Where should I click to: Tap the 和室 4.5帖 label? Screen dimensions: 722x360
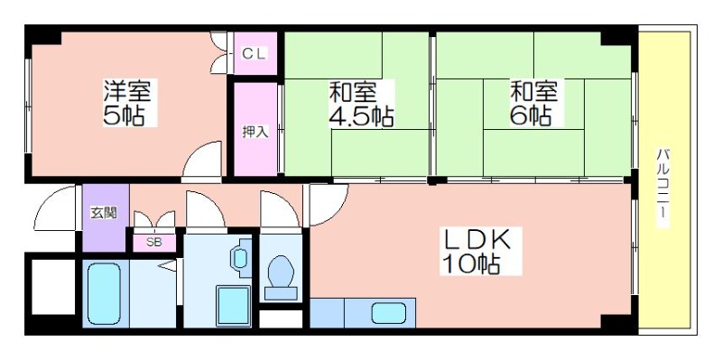[x=361, y=105]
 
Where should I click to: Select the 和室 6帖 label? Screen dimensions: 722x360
[x=533, y=103]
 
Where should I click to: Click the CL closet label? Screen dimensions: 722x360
[x=255, y=54]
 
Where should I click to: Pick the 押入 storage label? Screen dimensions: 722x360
[x=255, y=132]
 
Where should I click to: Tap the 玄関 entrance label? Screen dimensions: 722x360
[x=104, y=213]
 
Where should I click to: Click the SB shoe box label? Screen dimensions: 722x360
[x=153, y=242]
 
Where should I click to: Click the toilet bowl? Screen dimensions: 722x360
[x=281, y=278]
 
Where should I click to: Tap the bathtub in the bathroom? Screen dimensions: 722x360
[x=104, y=293]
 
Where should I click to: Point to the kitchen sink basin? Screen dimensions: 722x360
[x=389, y=313]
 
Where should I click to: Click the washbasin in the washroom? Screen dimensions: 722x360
[x=241, y=259]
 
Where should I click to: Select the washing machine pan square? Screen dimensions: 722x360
[x=234, y=306]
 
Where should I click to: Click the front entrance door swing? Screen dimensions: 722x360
[x=55, y=208]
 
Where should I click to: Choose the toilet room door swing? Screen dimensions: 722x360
[x=280, y=208]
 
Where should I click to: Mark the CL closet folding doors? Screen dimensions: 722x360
[x=219, y=52]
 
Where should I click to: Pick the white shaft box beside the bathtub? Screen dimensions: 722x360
[x=53, y=287]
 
